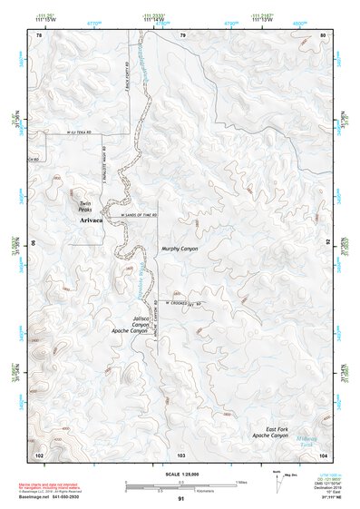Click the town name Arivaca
tap(92, 220)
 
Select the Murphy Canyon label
tap(180, 248)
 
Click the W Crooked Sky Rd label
tap(185, 304)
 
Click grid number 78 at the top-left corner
tap(39, 34)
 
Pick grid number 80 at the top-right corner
tap(324, 34)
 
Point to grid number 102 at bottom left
tap(39, 454)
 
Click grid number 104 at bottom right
tap(324, 454)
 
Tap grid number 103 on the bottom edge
tap(181, 454)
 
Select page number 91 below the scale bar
tap(181, 500)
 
